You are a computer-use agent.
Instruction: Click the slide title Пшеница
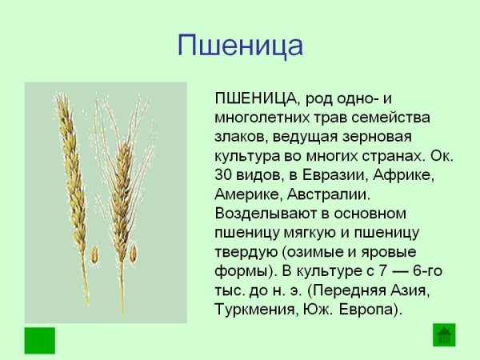click(240, 44)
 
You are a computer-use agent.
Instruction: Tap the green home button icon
click(444, 334)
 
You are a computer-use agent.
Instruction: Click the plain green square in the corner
click(40, 340)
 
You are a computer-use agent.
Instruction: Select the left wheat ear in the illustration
click(72, 176)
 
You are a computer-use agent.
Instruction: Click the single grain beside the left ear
click(94, 255)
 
